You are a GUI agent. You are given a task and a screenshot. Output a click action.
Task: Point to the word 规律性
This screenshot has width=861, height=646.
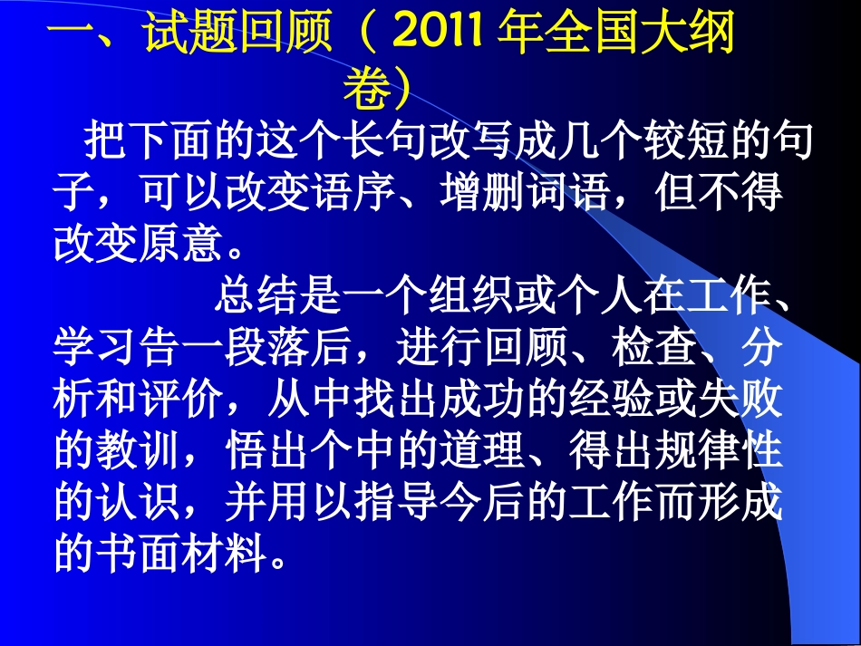click(x=715, y=449)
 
